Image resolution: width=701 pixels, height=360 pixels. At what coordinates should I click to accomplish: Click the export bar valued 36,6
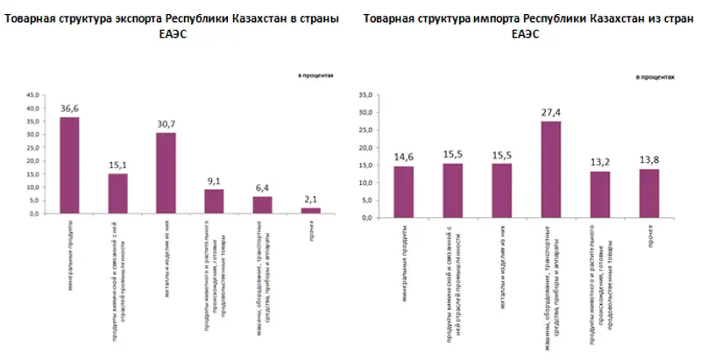click(69, 166)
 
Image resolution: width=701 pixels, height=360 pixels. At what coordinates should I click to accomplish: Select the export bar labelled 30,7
click(166, 173)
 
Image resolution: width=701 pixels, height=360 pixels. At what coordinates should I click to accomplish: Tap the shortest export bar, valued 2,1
click(310, 210)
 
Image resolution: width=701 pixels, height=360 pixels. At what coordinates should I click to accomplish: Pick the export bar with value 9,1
click(214, 201)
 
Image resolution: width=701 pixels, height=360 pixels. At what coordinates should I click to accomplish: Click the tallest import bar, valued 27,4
click(550, 169)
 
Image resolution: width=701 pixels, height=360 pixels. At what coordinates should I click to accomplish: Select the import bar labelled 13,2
click(599, 194)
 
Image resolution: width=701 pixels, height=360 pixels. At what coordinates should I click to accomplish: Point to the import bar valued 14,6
click(403, 192)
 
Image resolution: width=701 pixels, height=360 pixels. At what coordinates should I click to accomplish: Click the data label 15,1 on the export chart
click(117, 164)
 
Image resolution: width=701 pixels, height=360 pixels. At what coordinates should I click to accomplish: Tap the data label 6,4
click(262, 187)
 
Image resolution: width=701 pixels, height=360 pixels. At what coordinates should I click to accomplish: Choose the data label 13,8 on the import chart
click(648, 159)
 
